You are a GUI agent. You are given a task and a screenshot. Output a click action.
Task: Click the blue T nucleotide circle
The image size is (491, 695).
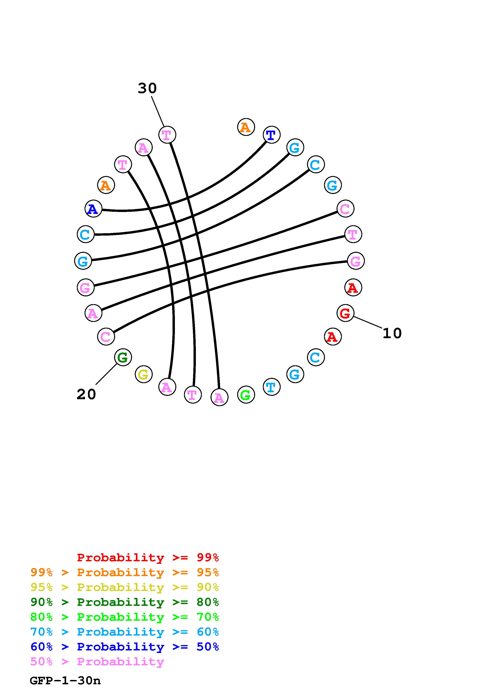point(271,135)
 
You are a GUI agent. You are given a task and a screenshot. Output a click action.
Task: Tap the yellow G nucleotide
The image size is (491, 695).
point(143,374)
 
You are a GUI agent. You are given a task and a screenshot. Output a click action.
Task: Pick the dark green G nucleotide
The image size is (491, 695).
point(123,357)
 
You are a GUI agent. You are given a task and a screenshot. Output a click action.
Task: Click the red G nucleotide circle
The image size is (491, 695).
point(345,313)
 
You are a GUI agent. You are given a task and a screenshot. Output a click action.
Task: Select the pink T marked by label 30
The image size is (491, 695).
point(167,135)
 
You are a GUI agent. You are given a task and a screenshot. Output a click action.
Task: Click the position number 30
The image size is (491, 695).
point(147,88)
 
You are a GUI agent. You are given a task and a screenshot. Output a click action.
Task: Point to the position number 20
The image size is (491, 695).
point(86,394)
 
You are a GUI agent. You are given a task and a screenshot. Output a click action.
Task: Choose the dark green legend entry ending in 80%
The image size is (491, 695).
point(125,602)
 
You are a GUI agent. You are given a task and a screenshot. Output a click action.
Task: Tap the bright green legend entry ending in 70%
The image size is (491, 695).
point(125,617)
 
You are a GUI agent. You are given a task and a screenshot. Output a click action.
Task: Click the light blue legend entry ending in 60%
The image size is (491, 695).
point(125,632)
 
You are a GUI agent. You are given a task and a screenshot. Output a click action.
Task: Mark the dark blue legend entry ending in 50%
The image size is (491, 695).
point(125,647)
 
